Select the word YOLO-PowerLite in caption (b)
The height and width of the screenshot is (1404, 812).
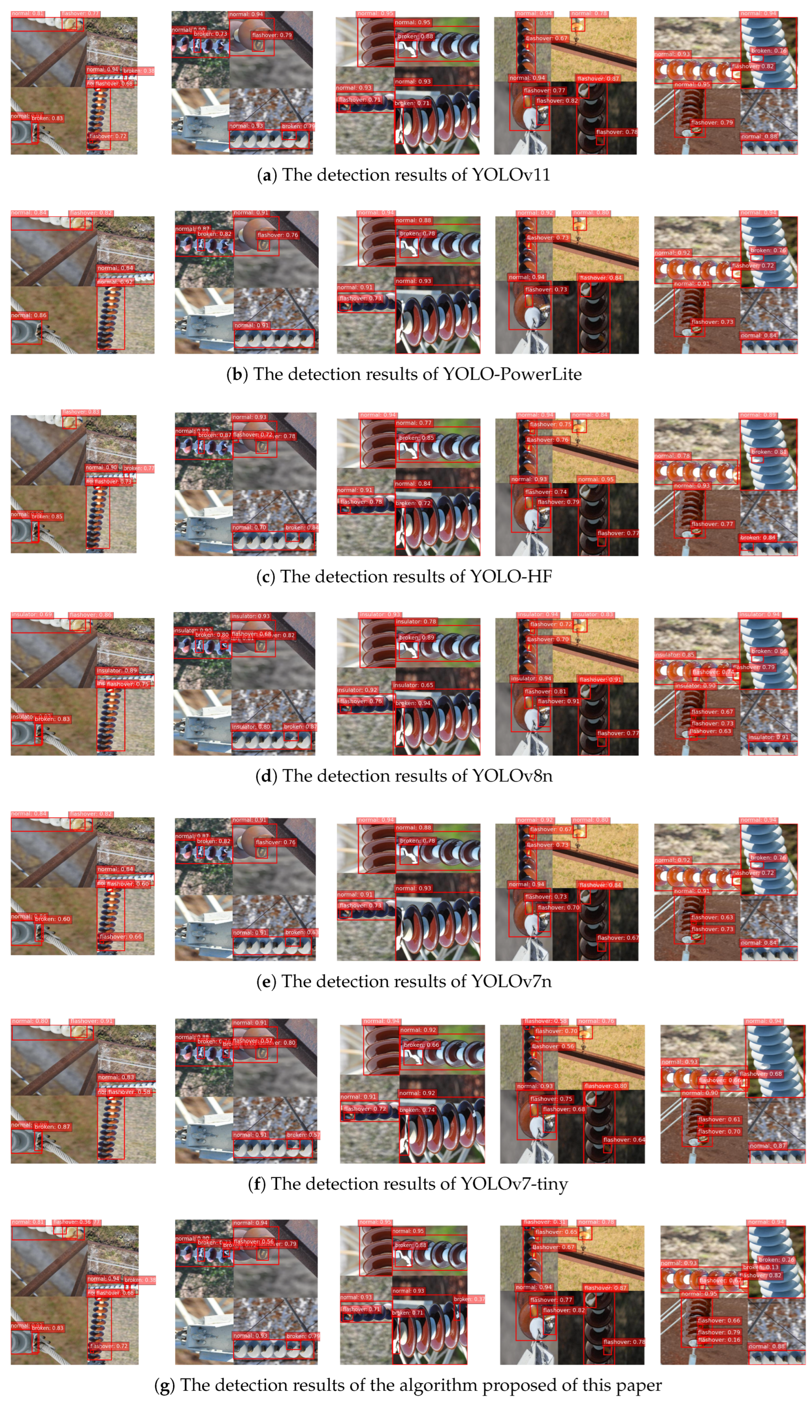tap(512, 374)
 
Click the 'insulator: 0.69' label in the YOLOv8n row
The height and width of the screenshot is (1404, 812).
tap(32, 615)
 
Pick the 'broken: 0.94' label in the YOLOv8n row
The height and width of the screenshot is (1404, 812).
tap(413, 703)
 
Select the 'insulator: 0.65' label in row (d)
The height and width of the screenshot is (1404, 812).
tap(413, 685)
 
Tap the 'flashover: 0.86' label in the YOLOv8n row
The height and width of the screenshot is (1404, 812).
tap(90, 615)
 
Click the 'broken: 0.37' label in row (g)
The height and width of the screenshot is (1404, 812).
tap(469, 1299)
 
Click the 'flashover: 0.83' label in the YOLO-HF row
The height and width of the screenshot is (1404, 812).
tap(81, 412)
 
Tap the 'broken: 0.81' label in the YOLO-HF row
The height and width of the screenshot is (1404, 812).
tap(768, 452)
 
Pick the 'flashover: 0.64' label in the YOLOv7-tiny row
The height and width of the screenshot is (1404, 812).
tap(624, 1140)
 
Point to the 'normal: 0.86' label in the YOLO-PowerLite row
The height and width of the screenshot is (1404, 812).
tap(29, 315)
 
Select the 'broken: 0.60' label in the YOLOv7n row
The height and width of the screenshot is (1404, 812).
tap(52, 919)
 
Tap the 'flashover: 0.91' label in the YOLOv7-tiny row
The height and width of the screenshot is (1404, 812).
tap(91, 1021)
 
